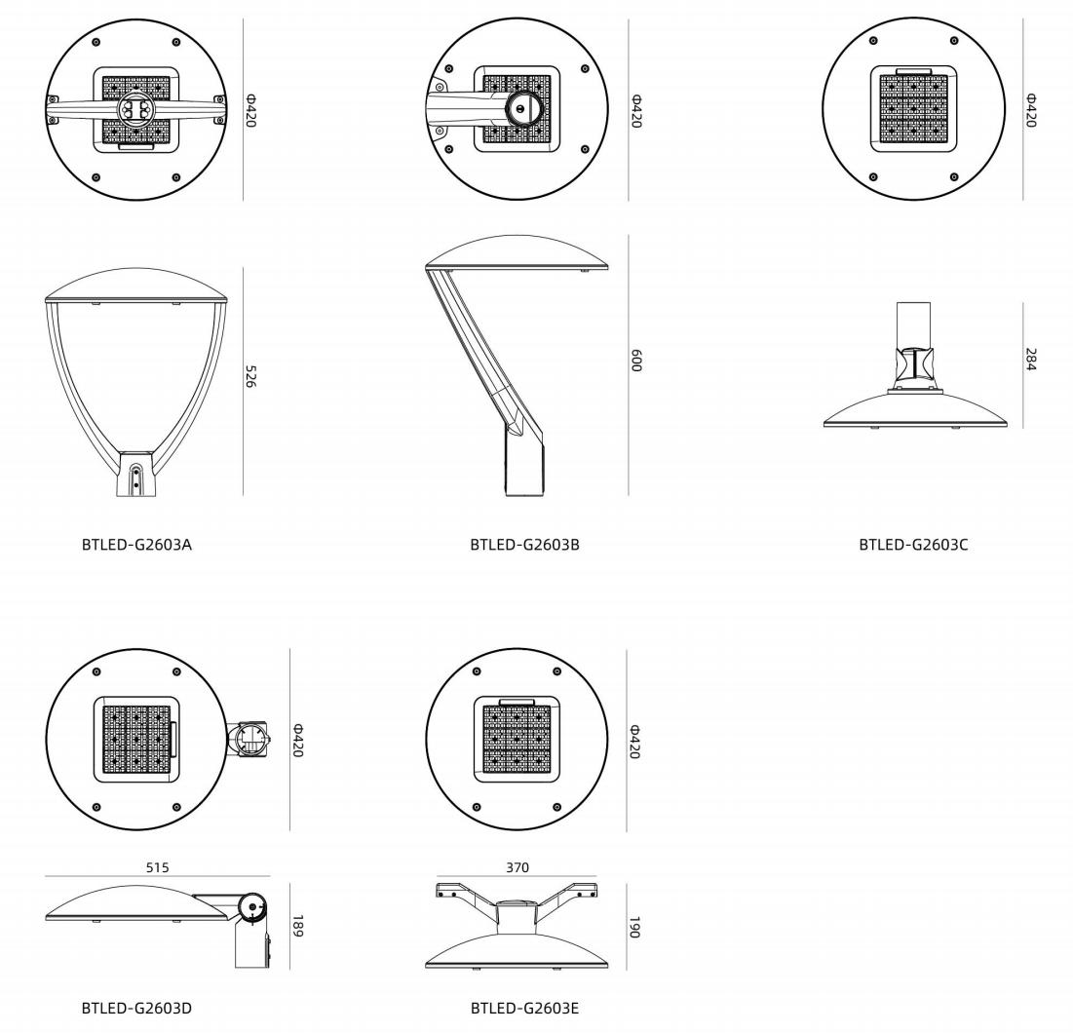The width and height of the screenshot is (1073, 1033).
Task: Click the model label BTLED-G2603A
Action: pyautogui.click(x=136, y=545)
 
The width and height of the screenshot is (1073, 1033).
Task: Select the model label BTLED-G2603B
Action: pyautogui.click(x=525, y=545)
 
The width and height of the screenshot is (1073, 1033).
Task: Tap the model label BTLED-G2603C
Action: pyautogui.click(x=913, y=545)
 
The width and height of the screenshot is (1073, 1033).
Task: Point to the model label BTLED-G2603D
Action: pyautogui.click(x=136, y=1008)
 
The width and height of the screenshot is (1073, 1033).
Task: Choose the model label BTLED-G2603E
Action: pyautogui.click(x=525, y=1008)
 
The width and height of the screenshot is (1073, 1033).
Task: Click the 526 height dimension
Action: pyautogui.click(x=250, y=376)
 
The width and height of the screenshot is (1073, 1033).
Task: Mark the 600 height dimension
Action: pyautogui.click(x=635, y=361)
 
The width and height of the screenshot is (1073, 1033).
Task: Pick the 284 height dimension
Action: pyautogui.click(x=1030, y=360)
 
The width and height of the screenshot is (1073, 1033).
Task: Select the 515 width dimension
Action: pyautogui.click(x=157, y=867)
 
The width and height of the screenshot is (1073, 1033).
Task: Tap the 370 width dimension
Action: pyautogui.click(x=517, y=867)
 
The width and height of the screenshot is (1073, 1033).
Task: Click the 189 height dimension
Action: pyautogui.click(x=297, y=926)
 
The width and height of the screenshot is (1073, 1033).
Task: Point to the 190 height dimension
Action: pyautogui.click(x=634, y=927)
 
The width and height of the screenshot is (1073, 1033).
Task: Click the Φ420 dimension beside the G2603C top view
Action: pyautogui.click(x=1030, y=110)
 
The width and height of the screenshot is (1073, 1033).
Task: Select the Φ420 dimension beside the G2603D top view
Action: pyautogui.click(x=297, y=741)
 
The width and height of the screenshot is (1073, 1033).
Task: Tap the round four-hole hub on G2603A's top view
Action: pyautogui.click(x=135, y=109)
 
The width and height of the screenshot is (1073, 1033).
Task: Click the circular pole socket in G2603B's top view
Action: pyautogui.click(x=524, y=108)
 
